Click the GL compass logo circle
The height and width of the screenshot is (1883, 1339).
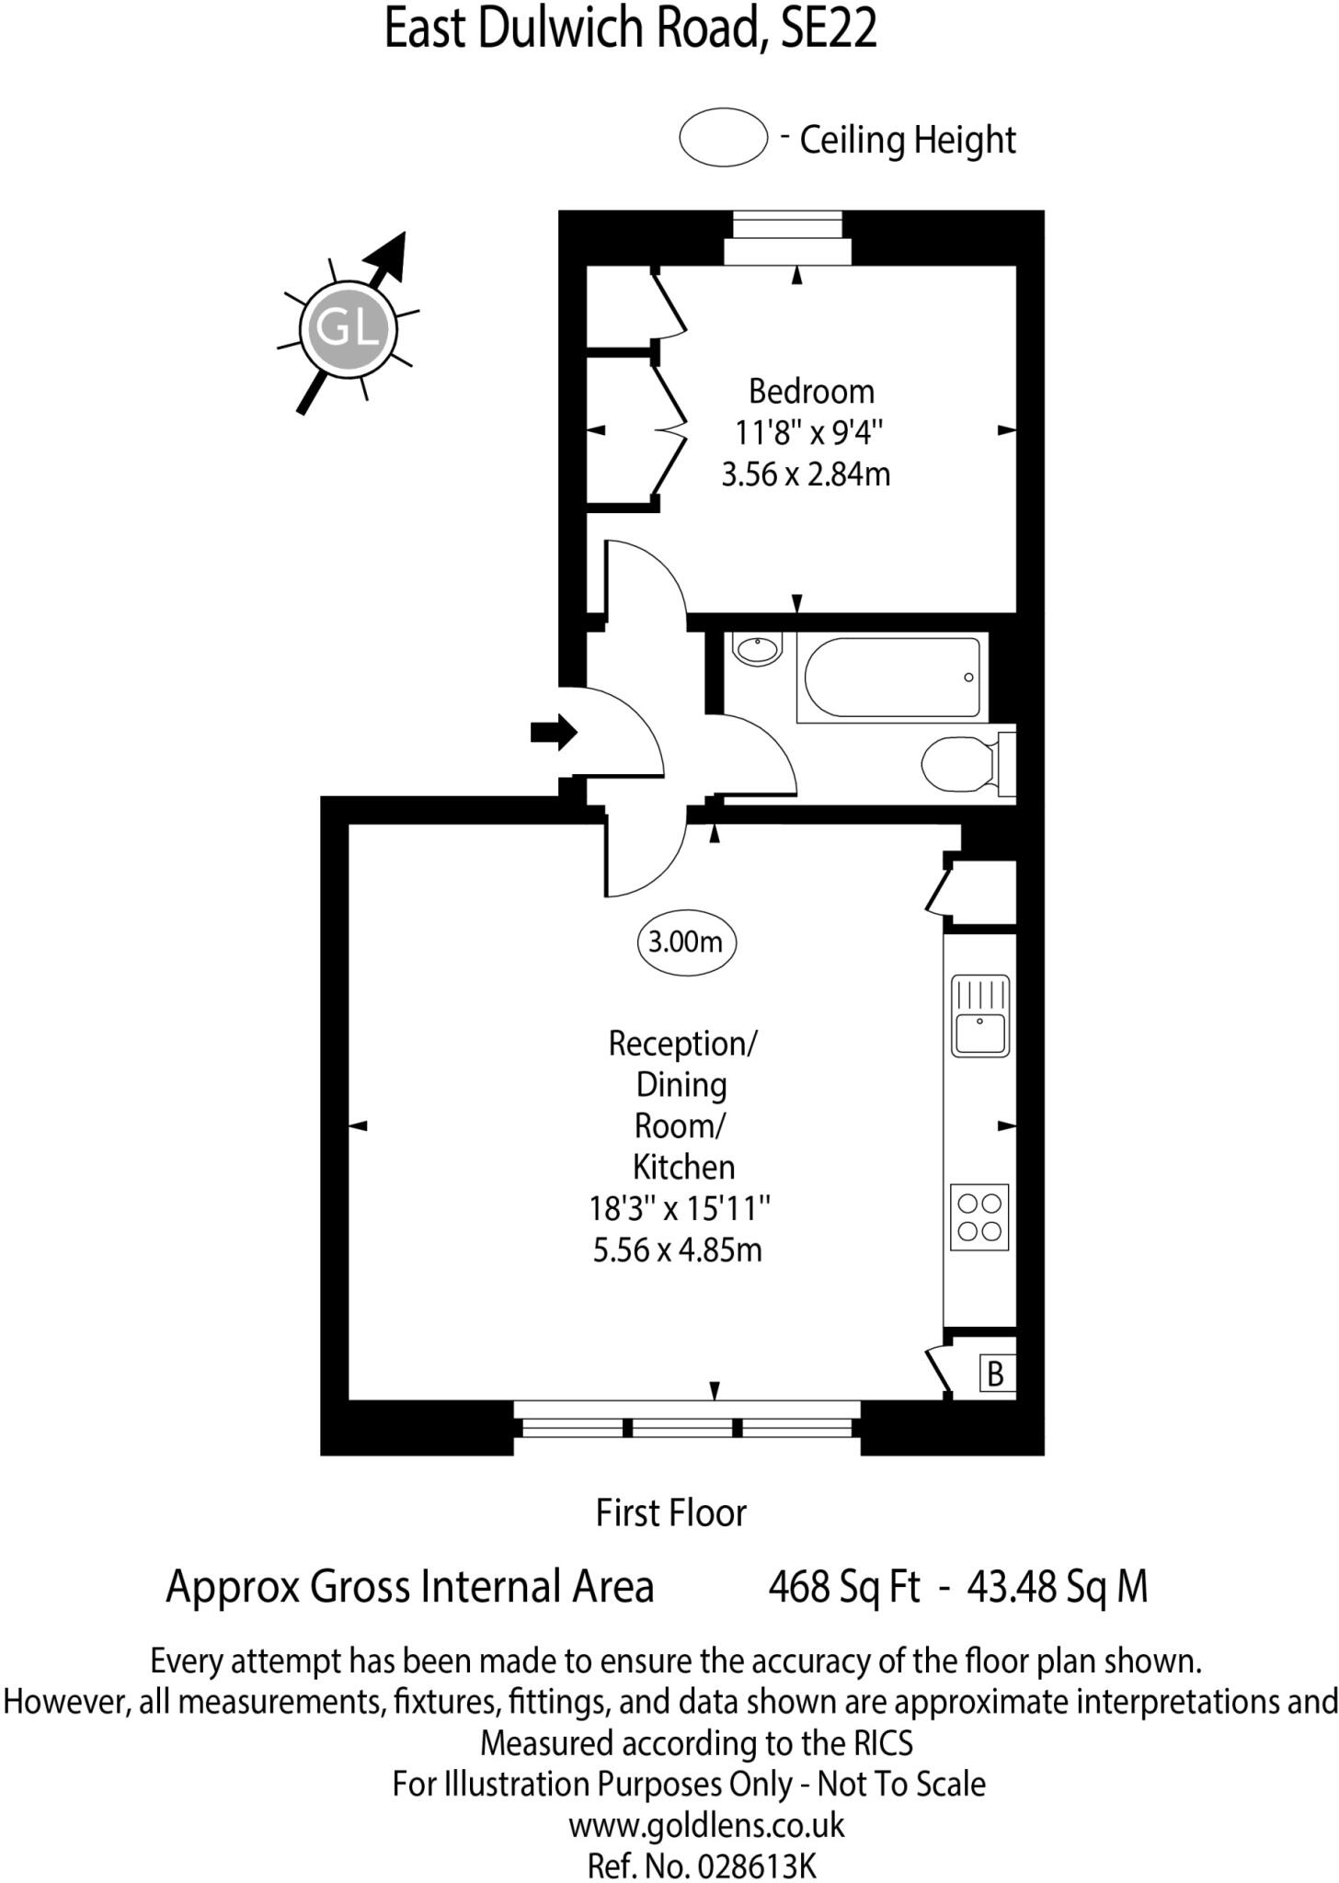(x=348, y=327)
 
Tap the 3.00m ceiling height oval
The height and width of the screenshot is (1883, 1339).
(x=686, y=942)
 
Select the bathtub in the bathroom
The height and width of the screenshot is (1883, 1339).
(x=890, y=678)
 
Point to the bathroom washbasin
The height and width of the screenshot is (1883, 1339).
(x=757, y=648)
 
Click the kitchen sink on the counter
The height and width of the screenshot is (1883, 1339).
(x=980, y=1016)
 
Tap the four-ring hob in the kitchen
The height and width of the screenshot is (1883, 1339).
(x=978, y=1217)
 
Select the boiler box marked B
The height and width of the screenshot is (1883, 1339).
(x=995, y=1375)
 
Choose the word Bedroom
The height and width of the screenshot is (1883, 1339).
(x=811, y=392)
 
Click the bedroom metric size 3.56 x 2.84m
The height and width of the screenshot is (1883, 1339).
(x=806, y=474)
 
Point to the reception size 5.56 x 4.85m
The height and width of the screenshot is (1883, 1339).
(x=678, y=1250)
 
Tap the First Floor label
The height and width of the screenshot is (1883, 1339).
(x=670, y=1513)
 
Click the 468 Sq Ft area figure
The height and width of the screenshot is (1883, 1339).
(x=843, y=1587)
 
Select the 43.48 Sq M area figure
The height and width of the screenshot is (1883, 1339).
(x=1058, y=1587)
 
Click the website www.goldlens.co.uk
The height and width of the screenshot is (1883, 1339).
(x=706, y=1825)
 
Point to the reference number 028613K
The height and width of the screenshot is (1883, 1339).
(x=756, y=1866)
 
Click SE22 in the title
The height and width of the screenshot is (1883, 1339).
(x=828, y=29)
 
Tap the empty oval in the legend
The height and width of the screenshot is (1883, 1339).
(x=724, y=138)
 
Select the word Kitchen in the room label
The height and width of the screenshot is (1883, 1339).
(x=683, y=1168)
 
